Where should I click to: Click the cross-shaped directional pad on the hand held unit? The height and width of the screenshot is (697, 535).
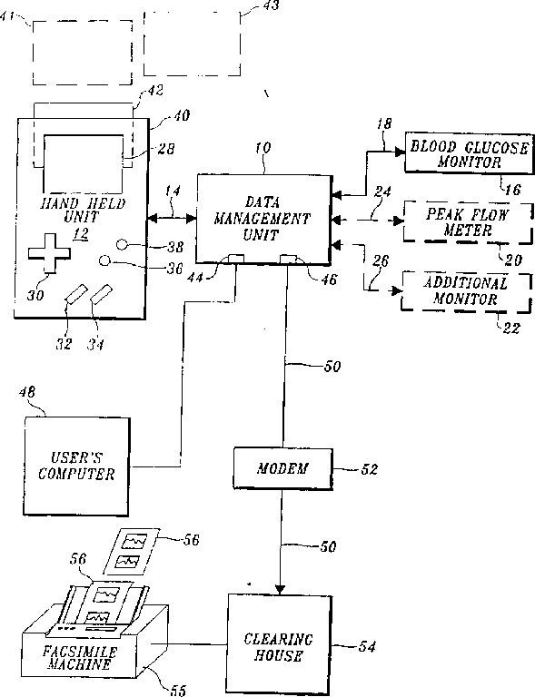click(x=49, y=253)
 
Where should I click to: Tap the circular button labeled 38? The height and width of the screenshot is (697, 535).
click(x=123, y=244)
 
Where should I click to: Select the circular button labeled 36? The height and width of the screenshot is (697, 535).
click(x=104, y=260)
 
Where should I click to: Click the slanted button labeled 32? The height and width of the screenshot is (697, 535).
click(x=75, y=294)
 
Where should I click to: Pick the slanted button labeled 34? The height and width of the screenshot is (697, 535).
click(x=102, y=294)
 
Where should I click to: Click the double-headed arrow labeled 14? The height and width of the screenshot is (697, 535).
click(x=172, y=218)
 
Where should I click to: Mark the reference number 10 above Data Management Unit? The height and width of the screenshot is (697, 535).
click(x=263, y=148)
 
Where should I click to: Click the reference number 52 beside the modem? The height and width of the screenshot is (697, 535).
click(x=369, y=469)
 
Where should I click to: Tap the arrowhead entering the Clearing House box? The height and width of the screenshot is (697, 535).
click(x=280, y=589)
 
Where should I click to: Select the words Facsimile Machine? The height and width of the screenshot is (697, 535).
click(x=80, y=658)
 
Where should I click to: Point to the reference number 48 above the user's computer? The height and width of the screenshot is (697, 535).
click(x=27, y=392)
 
